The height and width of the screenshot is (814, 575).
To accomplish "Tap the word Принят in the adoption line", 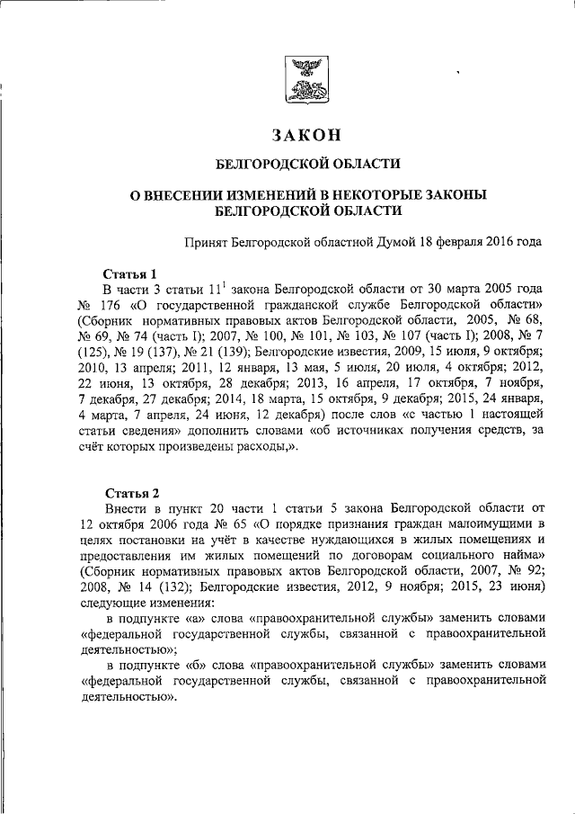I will click(206, 242).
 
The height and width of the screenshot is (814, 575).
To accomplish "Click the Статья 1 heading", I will click(131, 273).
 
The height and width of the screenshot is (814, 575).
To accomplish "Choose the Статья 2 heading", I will click(131, 493).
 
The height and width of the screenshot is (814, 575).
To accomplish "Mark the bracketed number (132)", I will click(148, 586).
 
